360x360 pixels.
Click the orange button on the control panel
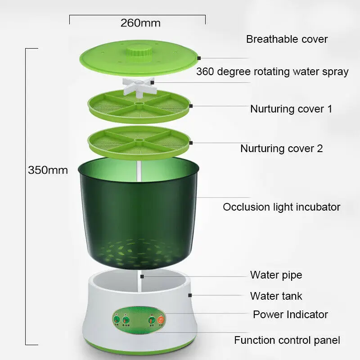[161, 320]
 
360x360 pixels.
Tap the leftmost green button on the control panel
[116, 320]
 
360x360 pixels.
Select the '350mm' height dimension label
[48, 171]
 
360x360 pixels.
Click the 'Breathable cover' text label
[287, 39]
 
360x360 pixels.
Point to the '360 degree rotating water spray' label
[272, 72]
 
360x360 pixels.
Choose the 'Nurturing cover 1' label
[291, 109]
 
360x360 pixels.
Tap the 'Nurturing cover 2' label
[281, 148]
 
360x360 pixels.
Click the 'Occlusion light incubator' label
[281, 207]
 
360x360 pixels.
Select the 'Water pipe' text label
[276, 274]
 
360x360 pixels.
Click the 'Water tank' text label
[276, 296]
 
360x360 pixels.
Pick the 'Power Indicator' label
[290, 314]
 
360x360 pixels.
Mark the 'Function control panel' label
[287, 340]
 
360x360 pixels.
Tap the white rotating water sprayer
[138, 83]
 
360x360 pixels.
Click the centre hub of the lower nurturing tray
[138, 140]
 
